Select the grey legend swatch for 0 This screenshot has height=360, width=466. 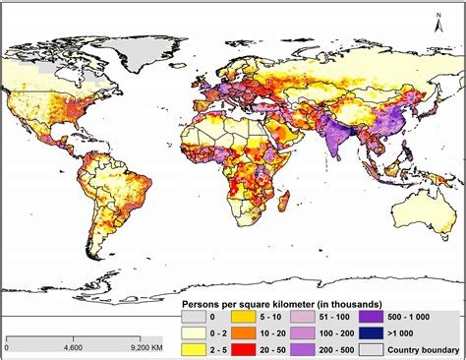coord(195,318)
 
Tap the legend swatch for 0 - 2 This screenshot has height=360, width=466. coord(195,333)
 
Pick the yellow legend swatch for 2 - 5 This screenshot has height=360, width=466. coord(195,348)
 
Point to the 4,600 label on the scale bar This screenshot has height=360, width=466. coord(73,346)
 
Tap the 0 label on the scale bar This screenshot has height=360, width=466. coord(7,346)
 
